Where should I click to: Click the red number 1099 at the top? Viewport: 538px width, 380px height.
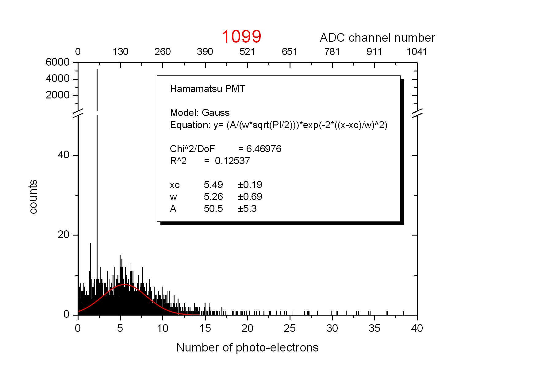pyautogui.click(x=241, y=36)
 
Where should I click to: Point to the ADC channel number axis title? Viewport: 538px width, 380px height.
pyautogui.click(x=377, y=38)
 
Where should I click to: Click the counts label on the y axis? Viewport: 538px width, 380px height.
pyautogui.click(x=33, y=197)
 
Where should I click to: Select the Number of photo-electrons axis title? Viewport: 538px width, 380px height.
pyautogui.click(x=247, y=347)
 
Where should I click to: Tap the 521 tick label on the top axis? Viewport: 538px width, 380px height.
pyautogui.click(x=247, y=52)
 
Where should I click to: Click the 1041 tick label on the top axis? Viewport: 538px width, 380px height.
pyautogui.click(x=417, y=52)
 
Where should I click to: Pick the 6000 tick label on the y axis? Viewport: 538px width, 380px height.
pyautogui.click(x=58, y=62)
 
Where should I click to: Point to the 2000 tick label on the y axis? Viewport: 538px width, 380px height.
pyautogui.click(x=58, y=95)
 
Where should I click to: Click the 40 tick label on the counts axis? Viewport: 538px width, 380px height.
pyautogui.click(x=63, y=155)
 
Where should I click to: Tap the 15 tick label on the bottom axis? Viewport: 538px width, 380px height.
pyautogui.click(x=205, y=328)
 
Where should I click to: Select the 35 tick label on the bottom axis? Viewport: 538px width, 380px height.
pyautogui.click(x=375, y=328)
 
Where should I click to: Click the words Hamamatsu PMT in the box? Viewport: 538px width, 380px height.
pyautogui.click(x=208, y=89)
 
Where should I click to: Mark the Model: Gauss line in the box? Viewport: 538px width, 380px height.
pyautogui.click(x=200, y=113)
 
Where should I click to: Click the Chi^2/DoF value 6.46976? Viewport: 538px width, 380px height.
pyautogui.click(x=264, y=149)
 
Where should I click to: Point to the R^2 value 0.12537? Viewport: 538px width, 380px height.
pyautogui.click(x=232, y=161)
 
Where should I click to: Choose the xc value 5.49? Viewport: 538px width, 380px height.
pyautogui.click(x=213, y=185)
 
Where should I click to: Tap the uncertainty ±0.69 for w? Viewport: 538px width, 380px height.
pyautogui.click(x=250, y=197)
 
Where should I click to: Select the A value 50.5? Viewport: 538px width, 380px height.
pyautogui.click(x=213, y=209)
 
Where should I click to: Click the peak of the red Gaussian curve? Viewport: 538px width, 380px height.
pyautogui.click(x=125, y=285)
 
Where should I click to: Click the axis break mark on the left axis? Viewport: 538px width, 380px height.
pyautogui.click(x=78, y=113)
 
